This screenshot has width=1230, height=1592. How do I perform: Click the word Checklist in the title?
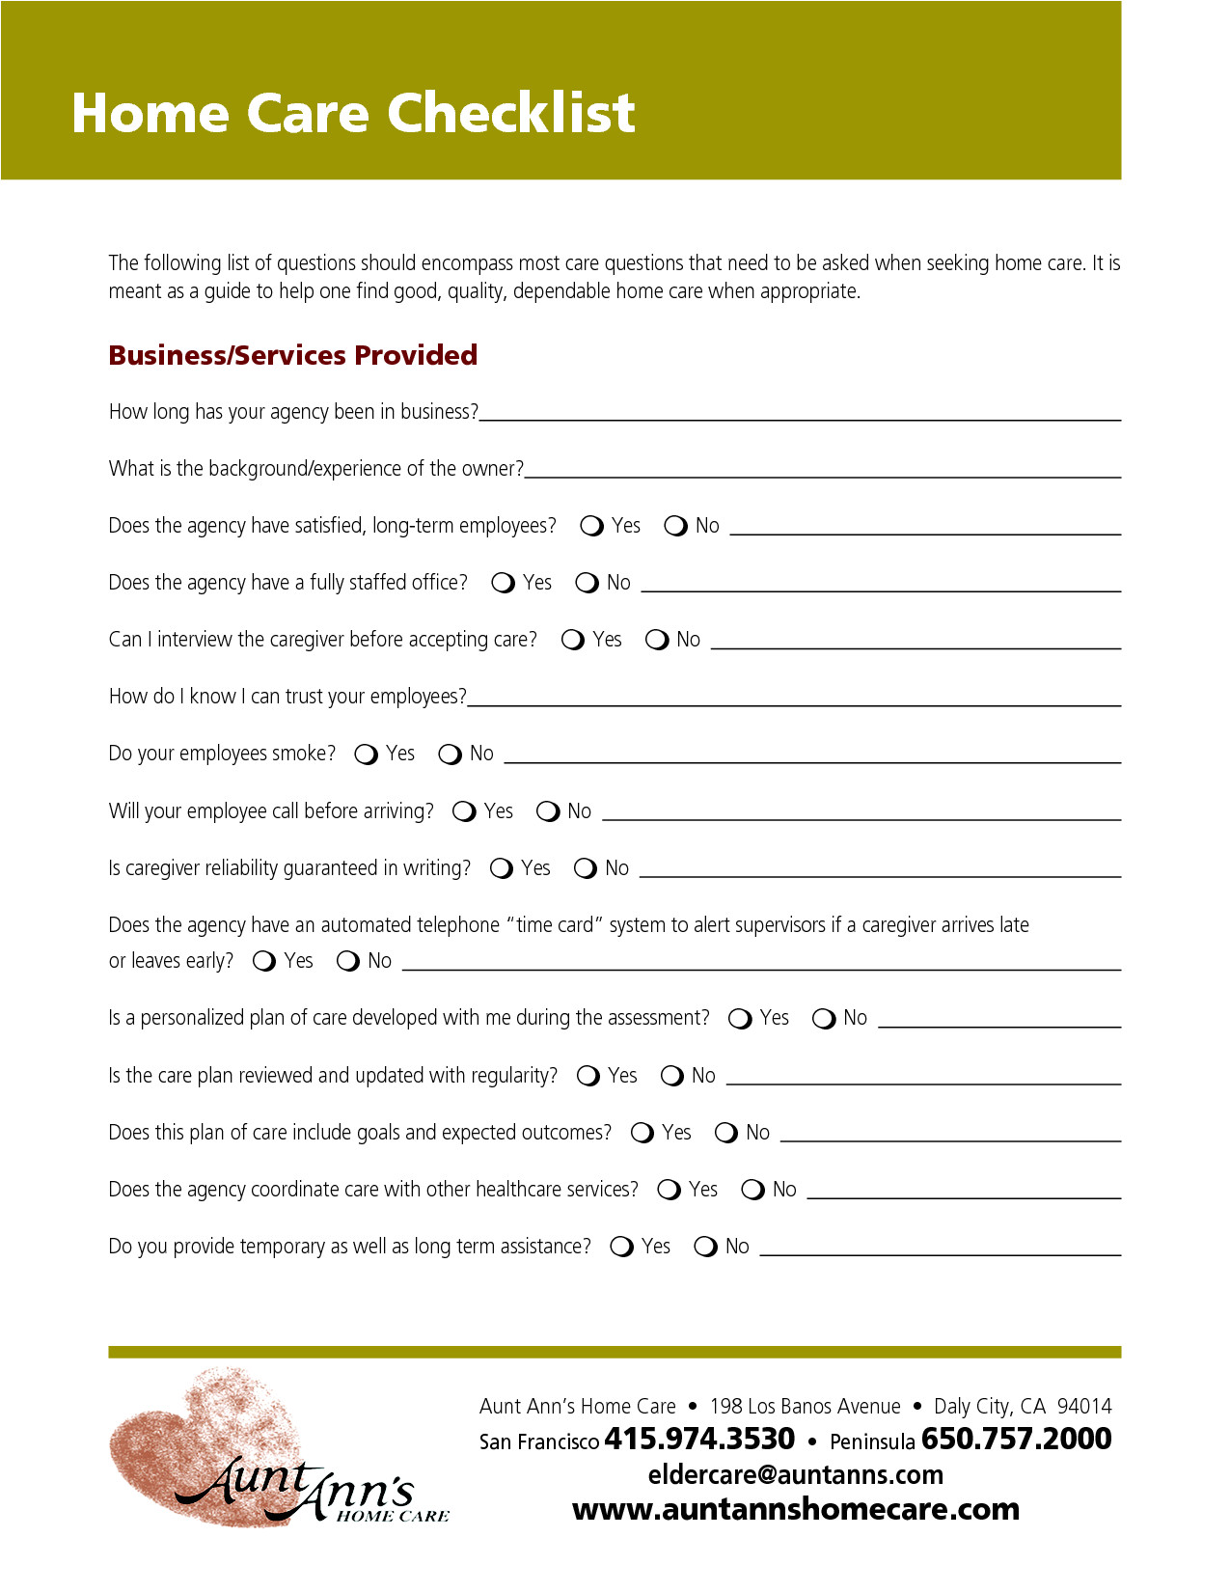[511, 114]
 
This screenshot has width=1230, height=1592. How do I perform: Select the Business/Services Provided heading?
[292, 355]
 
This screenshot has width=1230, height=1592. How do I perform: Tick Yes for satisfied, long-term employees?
[591, 526]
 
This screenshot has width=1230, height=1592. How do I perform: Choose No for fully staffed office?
[587, 583]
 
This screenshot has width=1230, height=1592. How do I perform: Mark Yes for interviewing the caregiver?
[572, 640]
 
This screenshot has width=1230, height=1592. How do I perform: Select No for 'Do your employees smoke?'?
[450, 754]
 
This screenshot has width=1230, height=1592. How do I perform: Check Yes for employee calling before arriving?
[464, 811]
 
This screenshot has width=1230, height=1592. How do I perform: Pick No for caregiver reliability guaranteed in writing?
[585, 868]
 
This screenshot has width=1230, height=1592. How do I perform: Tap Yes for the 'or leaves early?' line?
[263, 961]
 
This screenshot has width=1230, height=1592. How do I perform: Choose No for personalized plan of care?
[823, 1019]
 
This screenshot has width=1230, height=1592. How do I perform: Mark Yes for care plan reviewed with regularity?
[588, 1076]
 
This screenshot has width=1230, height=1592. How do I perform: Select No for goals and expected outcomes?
[725, 1133]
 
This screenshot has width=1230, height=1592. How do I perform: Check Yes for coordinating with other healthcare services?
[669, 1190]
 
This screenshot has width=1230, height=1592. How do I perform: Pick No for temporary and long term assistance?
[705, 1247]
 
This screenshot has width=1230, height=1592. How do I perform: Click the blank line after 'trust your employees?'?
[793, 702]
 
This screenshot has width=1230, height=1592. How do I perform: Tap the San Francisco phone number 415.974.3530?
[699, 1439]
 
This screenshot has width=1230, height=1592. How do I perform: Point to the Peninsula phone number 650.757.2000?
[1016, 1439]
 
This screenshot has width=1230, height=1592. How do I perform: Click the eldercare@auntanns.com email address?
[796, 1474]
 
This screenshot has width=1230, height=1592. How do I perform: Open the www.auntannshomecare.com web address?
[796, 1509]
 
